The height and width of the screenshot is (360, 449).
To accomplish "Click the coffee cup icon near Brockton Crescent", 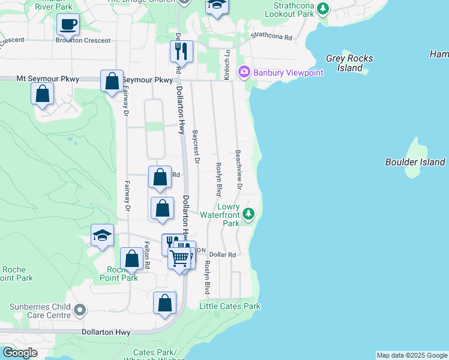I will (x=68, y=25).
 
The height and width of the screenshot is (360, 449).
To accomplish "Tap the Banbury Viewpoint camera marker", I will (x=244, y=73).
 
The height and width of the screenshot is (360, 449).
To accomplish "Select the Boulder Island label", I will (x=415, y=162).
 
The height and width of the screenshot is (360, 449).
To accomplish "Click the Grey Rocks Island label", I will (x=349, y=63).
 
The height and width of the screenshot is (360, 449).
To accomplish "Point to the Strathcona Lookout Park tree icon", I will (x=324, y=8).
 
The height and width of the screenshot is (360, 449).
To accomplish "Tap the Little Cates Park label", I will (x=230, y=306).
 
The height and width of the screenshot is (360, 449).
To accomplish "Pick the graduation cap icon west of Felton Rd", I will (x=102, y=235).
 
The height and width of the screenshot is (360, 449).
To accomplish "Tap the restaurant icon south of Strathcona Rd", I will (x=181, y=52).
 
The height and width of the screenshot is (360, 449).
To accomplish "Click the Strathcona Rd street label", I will (x=271, y=37).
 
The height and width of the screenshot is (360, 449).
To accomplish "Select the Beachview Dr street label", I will (x=238, y=170).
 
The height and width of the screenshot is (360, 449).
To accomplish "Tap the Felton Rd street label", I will (x=147, y=254).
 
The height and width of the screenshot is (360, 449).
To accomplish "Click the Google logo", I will (x=20, y=353).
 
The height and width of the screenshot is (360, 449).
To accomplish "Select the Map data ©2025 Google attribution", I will (x=412, y=355).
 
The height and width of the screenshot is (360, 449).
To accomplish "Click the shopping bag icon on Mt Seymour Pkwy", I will (x=112, y=81).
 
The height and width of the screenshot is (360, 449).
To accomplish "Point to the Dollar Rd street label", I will (x=223, y=255).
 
